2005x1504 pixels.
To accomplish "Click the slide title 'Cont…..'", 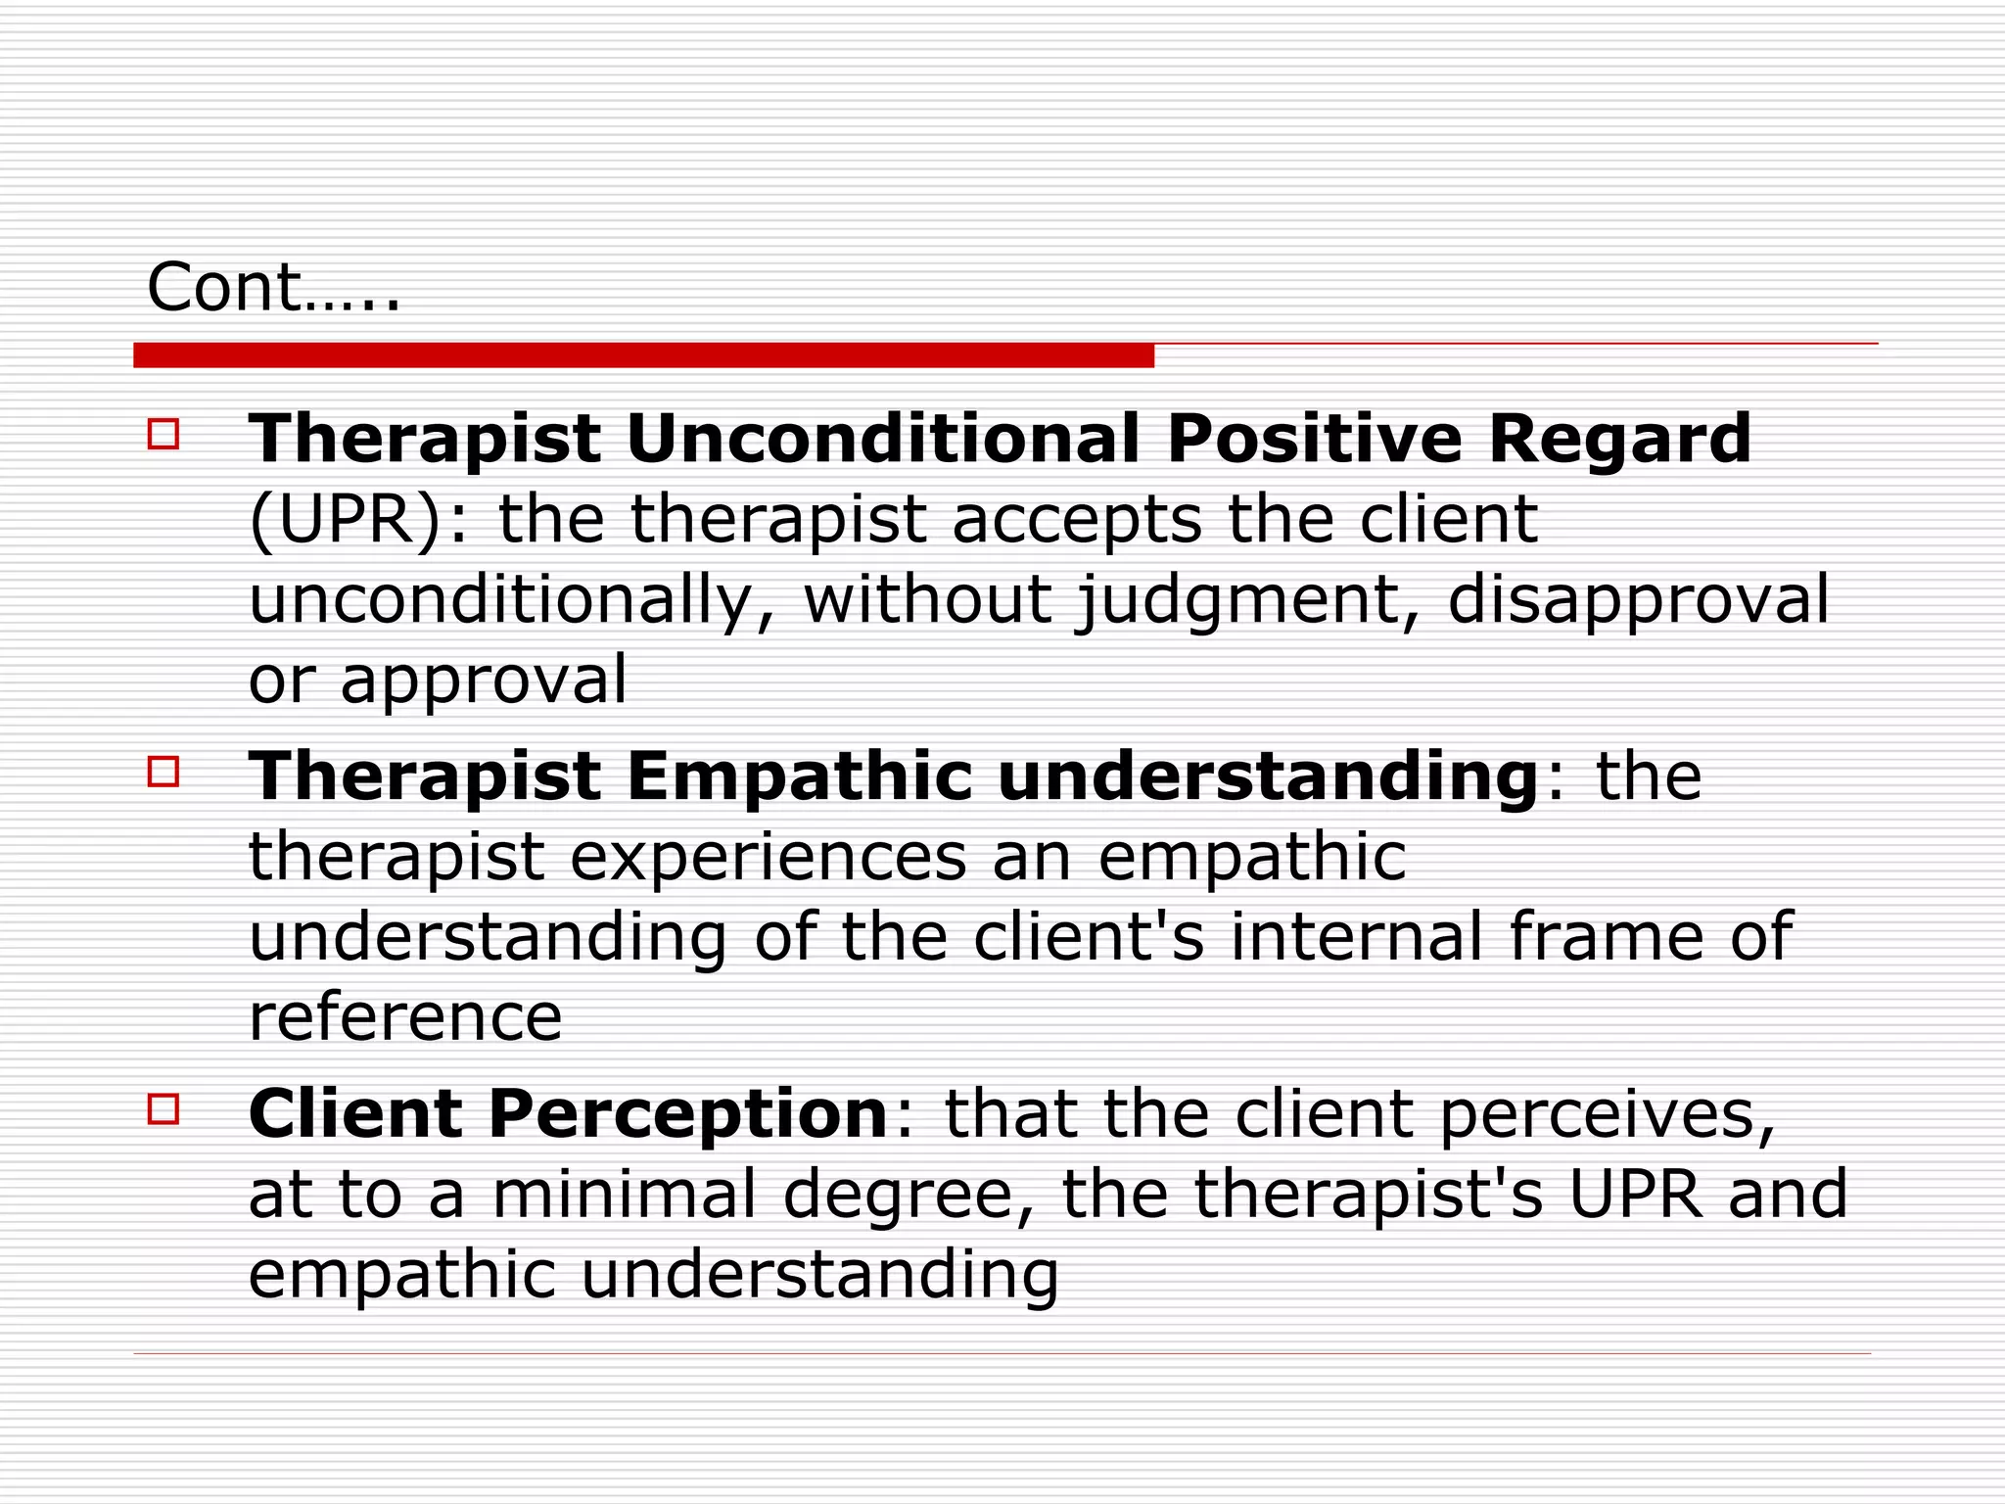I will [273, 288].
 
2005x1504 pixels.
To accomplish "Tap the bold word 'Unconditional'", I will [882, 438].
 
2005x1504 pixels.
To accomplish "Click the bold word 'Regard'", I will [1619, 438].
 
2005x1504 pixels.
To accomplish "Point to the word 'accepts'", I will [1076, 519].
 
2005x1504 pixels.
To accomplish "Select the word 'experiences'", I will [769, 858].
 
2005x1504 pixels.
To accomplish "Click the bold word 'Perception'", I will [687, 1114].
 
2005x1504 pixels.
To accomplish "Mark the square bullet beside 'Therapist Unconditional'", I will [163, 434].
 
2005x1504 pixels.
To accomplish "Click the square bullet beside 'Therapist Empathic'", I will [163, 772].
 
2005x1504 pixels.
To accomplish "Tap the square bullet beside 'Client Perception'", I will [163, 1109].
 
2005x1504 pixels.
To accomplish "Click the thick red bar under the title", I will [643, 355].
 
